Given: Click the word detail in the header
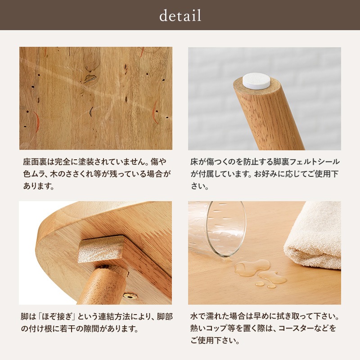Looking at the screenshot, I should pyautogui.click(x=180, y=16).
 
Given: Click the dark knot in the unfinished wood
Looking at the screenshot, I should pyautogui.click(x=90, y=79).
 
